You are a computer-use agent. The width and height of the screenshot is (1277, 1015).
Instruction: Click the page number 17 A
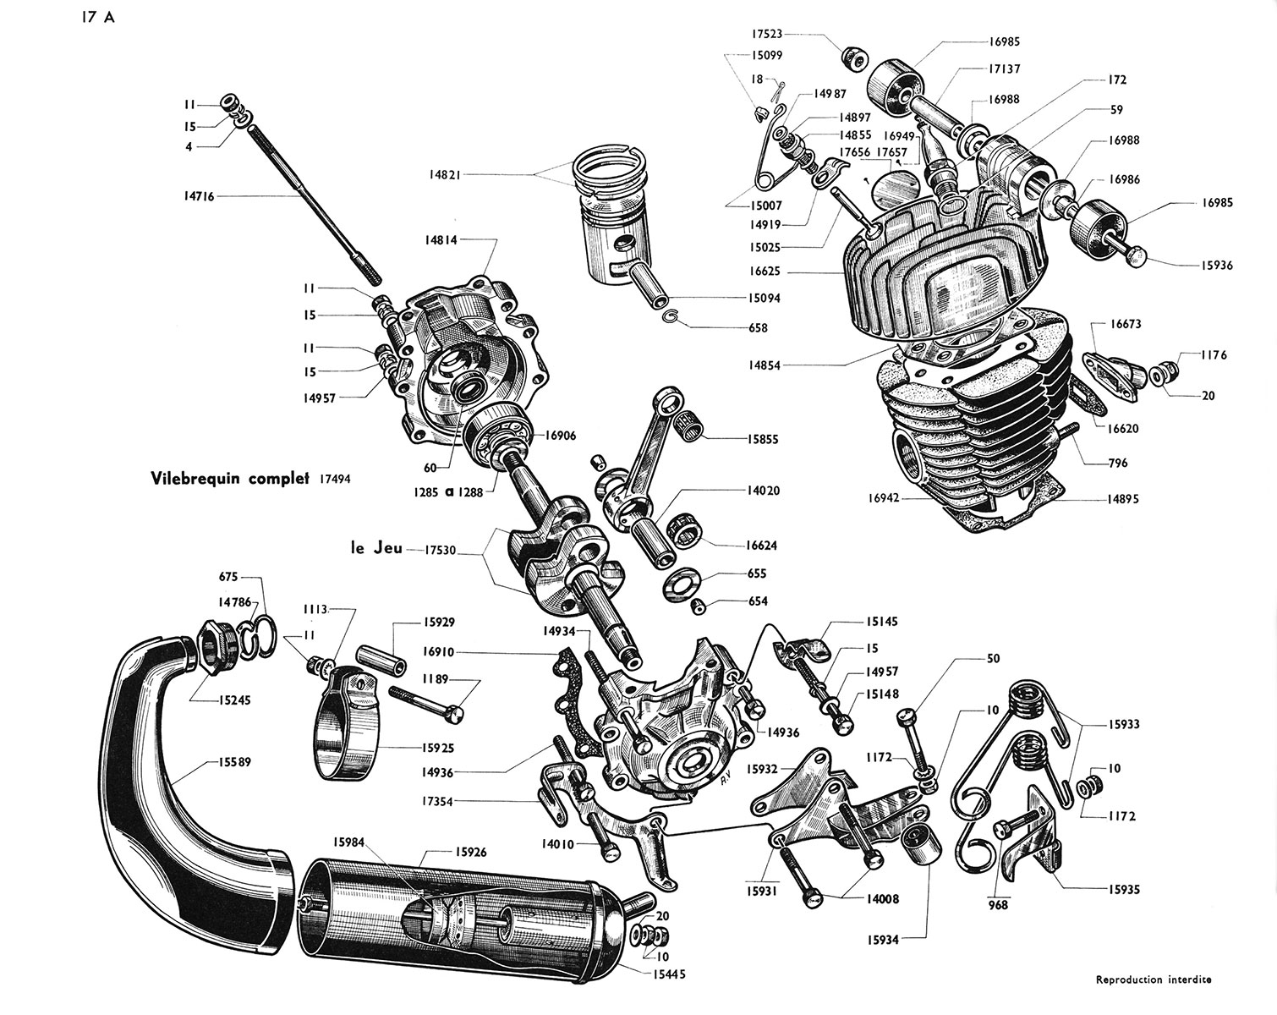coord(98,19)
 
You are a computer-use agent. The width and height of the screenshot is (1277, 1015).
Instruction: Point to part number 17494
coord(335,479)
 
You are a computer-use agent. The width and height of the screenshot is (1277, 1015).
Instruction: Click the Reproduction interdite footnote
coord(1153,980)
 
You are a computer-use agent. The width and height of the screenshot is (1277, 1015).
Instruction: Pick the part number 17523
coord(766,35)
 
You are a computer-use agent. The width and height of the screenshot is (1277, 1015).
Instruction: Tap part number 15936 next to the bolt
coord(1215,266)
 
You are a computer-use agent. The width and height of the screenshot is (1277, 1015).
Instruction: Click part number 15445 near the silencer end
coord(667,974)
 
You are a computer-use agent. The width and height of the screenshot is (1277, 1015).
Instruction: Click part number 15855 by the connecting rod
coord(762,440)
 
